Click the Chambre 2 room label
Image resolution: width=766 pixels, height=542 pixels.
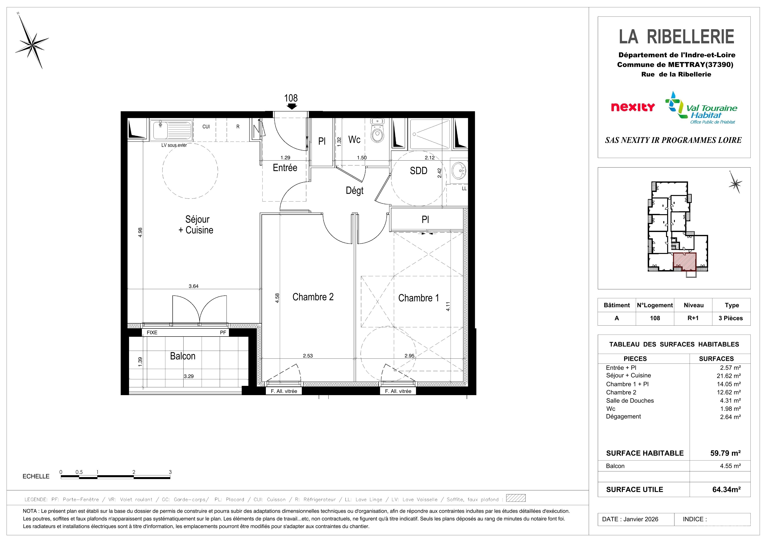tap(313, 297)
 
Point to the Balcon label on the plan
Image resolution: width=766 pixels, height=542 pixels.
tap(183, 356)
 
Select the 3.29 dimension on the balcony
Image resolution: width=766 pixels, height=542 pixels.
tap(188, 376)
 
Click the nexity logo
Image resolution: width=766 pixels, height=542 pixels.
tap(633, 107)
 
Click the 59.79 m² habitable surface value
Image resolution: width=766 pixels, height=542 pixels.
tap(725, 453)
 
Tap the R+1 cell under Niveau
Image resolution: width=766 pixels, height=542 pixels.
tap(693, 318)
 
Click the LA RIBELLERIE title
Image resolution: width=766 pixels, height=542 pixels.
tap(677, 36)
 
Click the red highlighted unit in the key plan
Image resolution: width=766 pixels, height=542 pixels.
tap(685, 262)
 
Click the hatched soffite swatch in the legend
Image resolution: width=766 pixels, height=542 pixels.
tap(516, 498)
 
